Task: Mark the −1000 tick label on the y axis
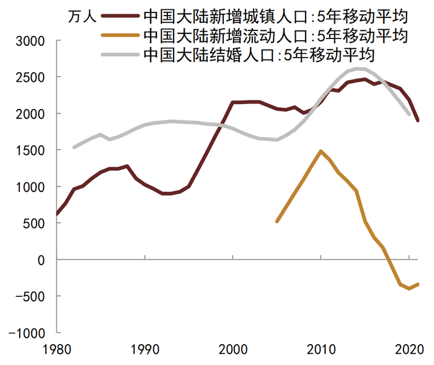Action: click(29, 333)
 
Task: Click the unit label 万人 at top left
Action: click(81, 16)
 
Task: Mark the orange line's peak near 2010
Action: click(321, 151)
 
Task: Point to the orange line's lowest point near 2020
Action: click(409, 289)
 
